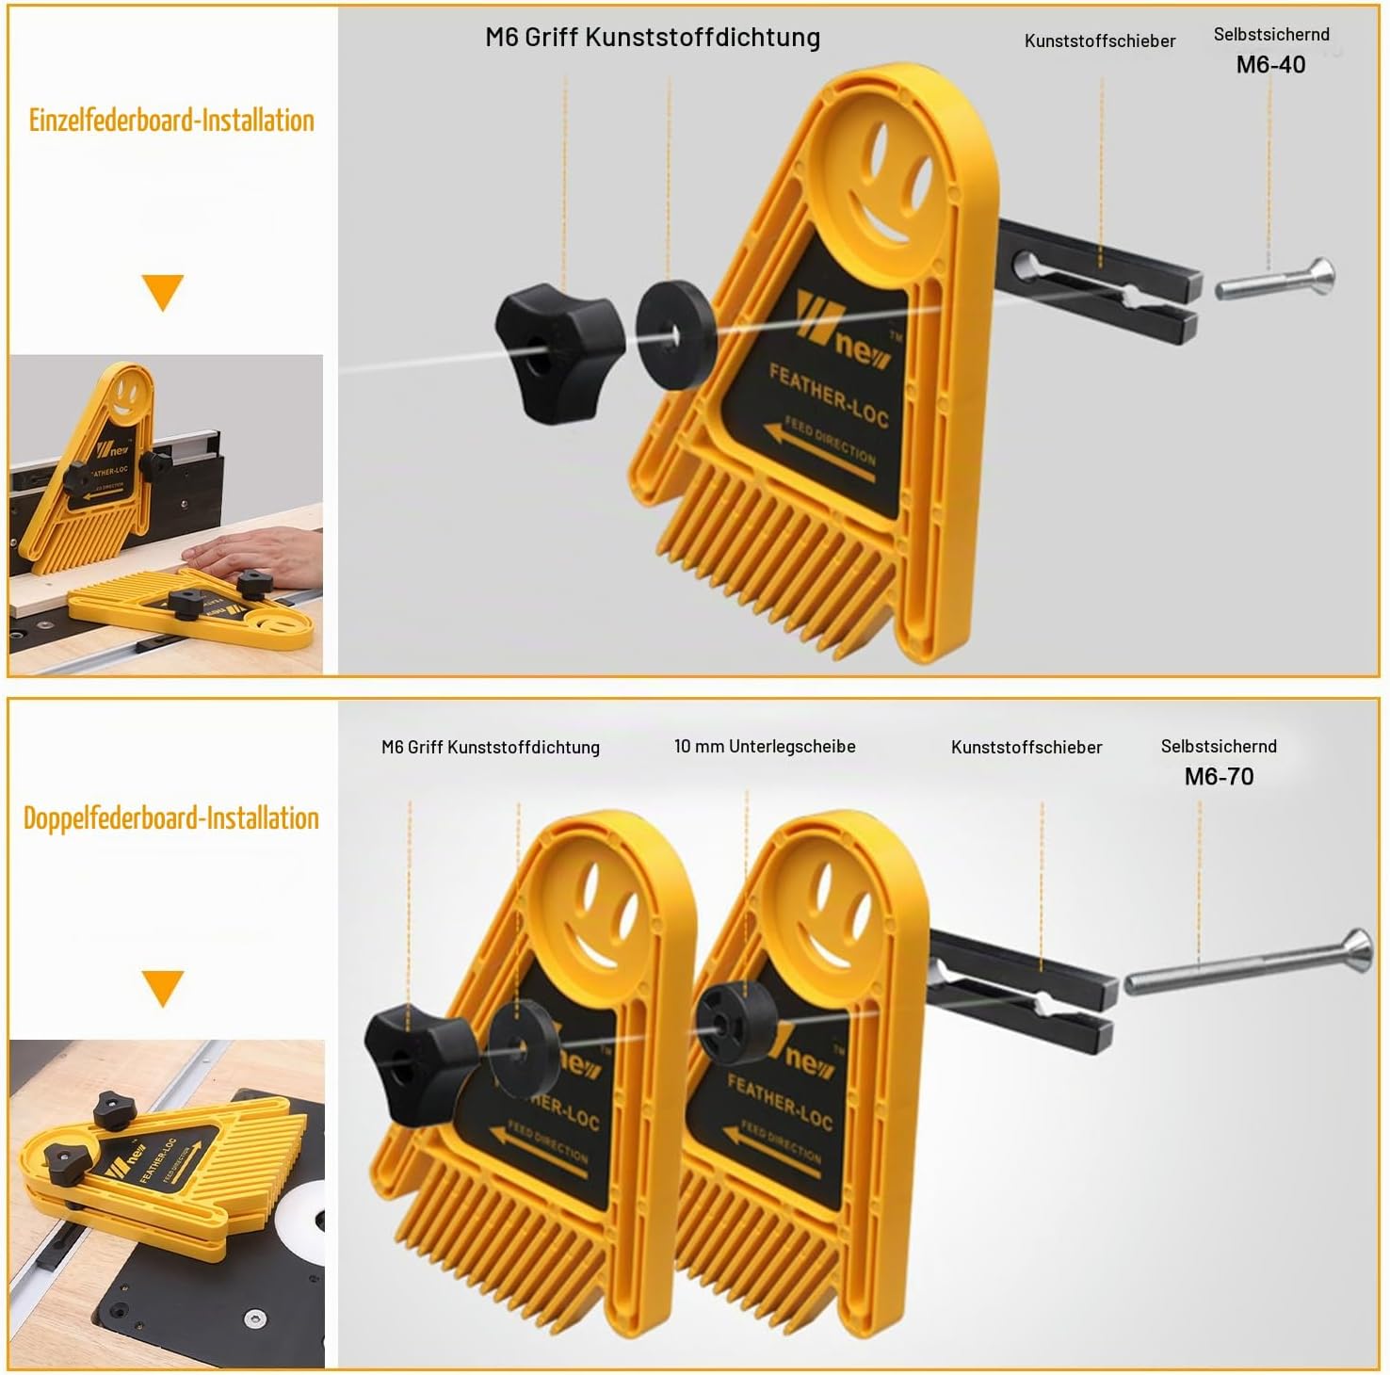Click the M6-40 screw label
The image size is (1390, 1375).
(x=1270, y=64)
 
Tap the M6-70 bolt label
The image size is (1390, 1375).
(x=1219, y=776)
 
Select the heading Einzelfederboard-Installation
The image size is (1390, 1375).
(x=171, y=121)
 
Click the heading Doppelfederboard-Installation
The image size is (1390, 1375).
(x=171, y=817)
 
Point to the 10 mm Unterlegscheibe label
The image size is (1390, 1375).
(x=765, y=746)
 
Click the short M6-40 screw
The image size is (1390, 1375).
(x=1275, y=280)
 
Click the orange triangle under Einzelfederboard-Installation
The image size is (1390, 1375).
(x=162, y=292)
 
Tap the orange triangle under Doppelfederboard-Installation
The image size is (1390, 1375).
(x=162, y=988)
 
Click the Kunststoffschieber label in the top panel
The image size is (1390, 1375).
(x=1100, y=41)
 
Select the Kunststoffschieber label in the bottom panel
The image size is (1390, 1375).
(x=1026, y=747)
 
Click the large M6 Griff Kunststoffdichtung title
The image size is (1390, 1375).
(x=653, y=37)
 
